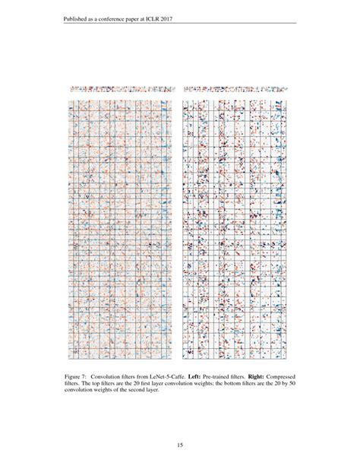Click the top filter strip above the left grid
point(121,89)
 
